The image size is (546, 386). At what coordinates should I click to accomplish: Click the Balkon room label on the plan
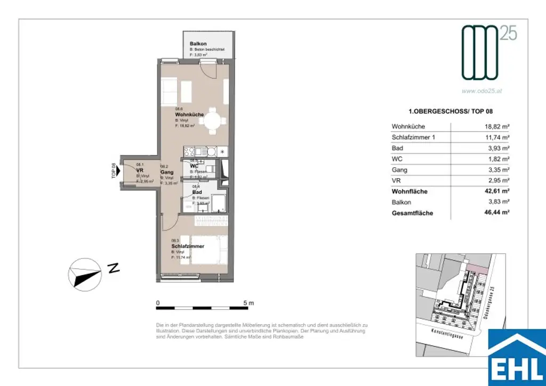coord(198,44)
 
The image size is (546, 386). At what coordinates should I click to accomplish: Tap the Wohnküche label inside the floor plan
coord(190,115)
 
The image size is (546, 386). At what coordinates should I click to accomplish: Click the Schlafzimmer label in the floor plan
coord(188,246)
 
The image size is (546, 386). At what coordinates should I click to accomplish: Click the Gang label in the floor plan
coord(167,173)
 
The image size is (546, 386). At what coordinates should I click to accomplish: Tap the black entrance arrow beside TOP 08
coord(118,171)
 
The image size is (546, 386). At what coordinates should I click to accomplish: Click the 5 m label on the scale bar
coord(248,303)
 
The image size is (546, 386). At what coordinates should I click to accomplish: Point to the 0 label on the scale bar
coord(158,303)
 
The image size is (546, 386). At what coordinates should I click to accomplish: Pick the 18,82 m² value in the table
coord(495,127)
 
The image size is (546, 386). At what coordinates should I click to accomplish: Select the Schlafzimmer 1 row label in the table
coord(413,138)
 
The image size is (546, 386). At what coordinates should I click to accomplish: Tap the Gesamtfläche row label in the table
coord(412,213)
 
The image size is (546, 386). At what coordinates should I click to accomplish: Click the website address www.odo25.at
coord(481,91)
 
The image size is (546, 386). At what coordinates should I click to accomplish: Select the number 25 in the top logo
coord(509,34)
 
